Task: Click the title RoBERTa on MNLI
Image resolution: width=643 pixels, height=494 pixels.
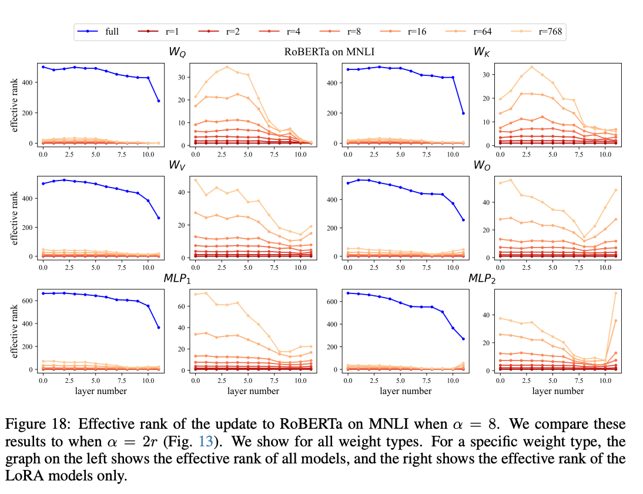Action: (329, 52)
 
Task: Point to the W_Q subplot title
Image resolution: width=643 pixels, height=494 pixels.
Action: (178, 52)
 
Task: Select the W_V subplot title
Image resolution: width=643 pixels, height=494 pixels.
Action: (178, 166)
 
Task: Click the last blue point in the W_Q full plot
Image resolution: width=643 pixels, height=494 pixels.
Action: (158, 101)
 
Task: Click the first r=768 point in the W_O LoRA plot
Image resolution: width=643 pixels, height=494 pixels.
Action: (500, 183)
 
